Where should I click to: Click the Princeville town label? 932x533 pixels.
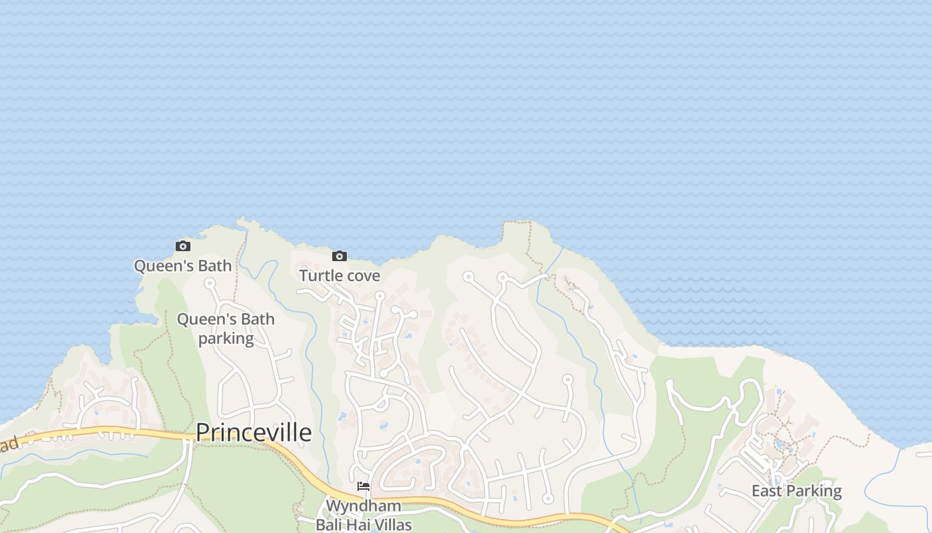click(x=254, y=432)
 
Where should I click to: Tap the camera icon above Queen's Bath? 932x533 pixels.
click(x=183, y=247)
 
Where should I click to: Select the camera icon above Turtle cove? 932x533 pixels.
click(x=340, y=256)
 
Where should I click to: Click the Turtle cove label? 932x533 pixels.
click(x=340, y=275)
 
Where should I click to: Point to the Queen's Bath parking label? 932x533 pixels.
click(x=226, y=328)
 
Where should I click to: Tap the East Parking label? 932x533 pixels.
click(x=796, y=491)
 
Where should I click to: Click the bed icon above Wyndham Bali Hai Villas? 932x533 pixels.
click(x=363, y=486)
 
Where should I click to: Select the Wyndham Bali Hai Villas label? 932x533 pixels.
click(x=363, y=515)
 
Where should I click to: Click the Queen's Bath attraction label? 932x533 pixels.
click(x=183, y=266)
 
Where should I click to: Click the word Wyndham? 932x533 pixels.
click(x=363, y=506)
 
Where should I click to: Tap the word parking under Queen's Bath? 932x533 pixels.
click(x=226, y=338)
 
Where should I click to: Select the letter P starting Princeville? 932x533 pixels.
click(x=202, y=432)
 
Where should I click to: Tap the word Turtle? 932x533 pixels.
click(x=322, y=275)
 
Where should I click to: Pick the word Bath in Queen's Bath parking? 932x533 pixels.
click(x=258, y=319)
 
